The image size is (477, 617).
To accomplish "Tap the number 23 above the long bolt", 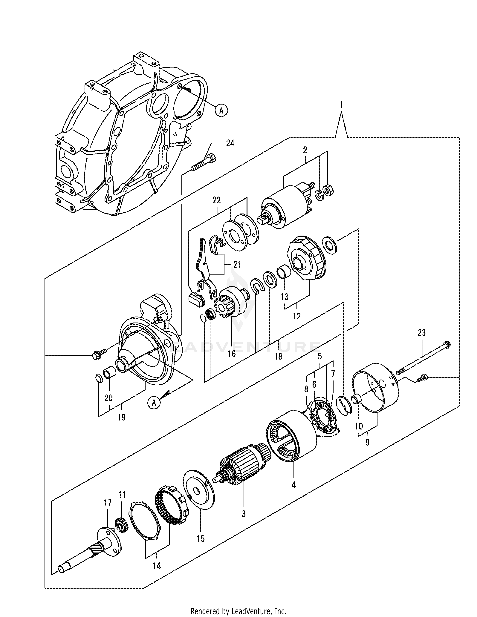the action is pyautogui.click(x=421, y=333).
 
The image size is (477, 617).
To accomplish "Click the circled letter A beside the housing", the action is pyautogui.click(x=221, y=110).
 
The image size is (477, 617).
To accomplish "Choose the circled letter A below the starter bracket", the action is pyautogui.click(x=154, y=403).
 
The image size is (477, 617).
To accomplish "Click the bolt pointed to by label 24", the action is pyautogui.click(x=204, y=163).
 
